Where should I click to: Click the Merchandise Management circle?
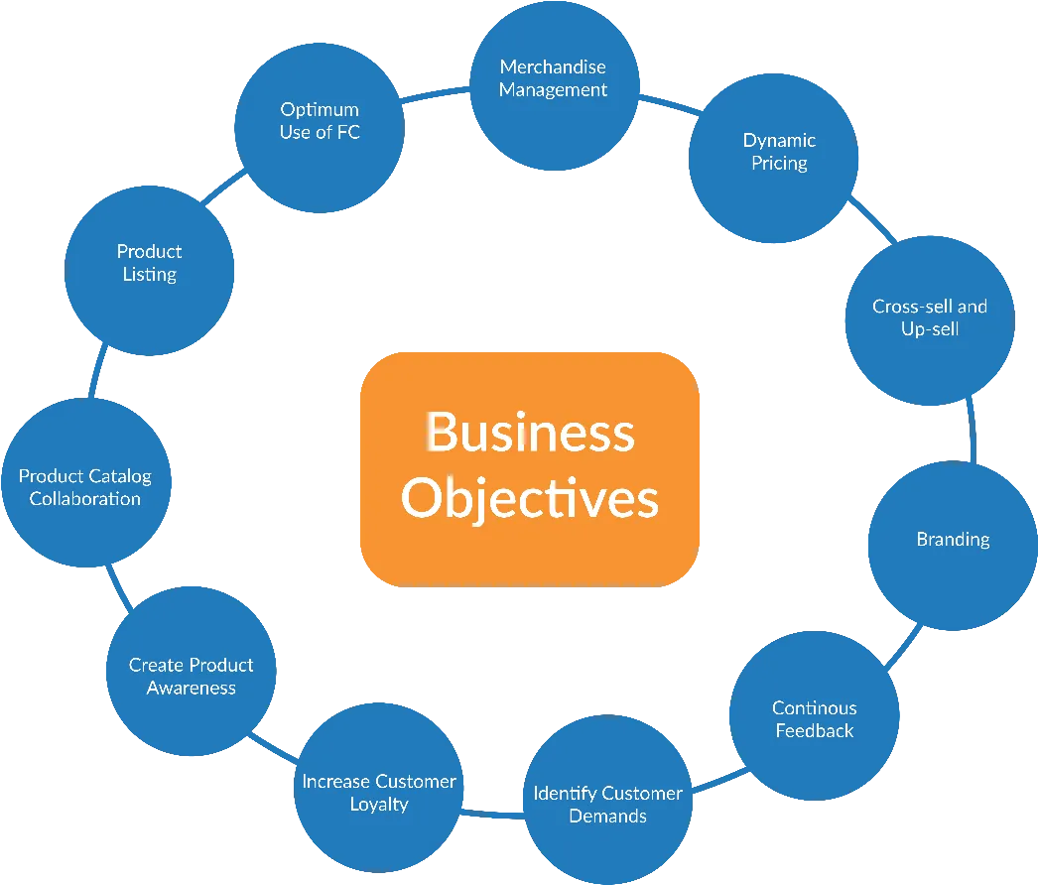pos(555,86)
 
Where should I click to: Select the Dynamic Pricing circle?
pos(774,158)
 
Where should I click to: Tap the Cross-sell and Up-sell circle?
pos(930,320)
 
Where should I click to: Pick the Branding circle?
pos(954,546)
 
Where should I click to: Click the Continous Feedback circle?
pos(815,715)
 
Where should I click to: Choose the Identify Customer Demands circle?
pos(607,800)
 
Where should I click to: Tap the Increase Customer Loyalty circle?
pos(379,788)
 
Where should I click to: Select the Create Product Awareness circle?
pos(192,672)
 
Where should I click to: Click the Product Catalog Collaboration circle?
pos(86,482)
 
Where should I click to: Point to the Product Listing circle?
pos(149,271)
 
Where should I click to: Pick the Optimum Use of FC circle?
pos(320,128)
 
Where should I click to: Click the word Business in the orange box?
pos(530,432)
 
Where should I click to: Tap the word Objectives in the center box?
pos(530,498)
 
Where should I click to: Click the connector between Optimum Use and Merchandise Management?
pos(436,94)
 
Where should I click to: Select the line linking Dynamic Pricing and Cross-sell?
pos(872,219)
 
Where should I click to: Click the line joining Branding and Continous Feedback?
pos(902,646)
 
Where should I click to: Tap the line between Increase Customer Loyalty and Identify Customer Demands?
pos(493,815)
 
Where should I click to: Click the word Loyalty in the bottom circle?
pos(379,805)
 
